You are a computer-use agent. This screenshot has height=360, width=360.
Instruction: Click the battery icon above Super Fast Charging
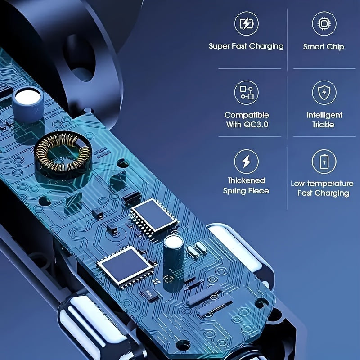coord(246,23)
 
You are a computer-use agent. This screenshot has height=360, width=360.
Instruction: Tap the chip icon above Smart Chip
coord(324,24)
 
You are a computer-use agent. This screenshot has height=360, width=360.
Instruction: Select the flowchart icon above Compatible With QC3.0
coord(246,93)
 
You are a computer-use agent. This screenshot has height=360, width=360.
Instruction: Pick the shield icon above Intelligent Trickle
coord(324,93)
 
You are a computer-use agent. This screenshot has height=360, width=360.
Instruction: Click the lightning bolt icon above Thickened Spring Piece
coord(246,162)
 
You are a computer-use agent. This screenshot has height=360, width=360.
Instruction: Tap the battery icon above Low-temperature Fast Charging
coord(324,162)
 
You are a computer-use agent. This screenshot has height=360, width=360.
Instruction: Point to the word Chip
coord(335,47)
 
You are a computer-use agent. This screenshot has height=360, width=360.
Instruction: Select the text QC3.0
coord(256,125)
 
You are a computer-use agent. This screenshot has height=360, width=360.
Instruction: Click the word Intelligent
coord(324,115)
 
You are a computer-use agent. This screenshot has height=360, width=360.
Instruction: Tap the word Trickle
coord(323,125)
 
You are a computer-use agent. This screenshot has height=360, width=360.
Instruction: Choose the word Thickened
coord(246,180)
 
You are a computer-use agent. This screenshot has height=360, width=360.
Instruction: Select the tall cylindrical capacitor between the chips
coord(173,262)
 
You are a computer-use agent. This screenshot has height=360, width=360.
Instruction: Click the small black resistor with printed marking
coord(150,294)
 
